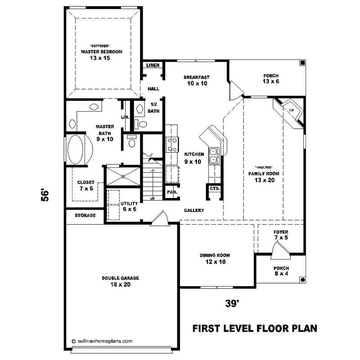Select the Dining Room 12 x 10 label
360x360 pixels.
[212, 258]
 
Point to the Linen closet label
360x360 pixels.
[152, 66]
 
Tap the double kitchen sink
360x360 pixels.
[213, 155]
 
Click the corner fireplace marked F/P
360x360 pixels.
[291, 111]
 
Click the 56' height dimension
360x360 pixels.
[45, 195]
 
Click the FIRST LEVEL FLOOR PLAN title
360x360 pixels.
[255, 328]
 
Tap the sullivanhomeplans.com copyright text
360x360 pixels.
[102, 341]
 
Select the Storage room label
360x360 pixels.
[85, 216]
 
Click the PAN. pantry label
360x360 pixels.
[171, 192]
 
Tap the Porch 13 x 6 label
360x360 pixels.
[271, 79]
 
